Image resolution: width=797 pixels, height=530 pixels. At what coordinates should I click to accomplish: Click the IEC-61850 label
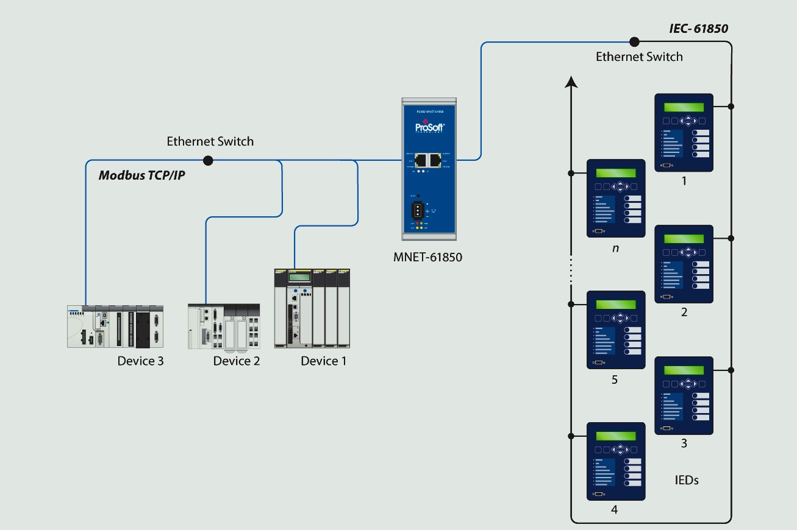(698, 29)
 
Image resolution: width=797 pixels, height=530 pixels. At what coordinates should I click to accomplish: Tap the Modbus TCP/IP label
(141, 175)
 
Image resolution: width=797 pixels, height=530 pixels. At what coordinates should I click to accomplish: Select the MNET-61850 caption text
(427, 257)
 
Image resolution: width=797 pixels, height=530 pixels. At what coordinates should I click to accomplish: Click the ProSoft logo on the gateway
(429, 128)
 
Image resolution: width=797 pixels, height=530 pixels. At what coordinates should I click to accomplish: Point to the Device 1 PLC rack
(313, 308)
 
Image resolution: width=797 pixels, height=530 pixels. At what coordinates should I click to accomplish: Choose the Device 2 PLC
(224, 327)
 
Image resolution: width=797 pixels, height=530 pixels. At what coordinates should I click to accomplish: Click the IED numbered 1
(684, 132)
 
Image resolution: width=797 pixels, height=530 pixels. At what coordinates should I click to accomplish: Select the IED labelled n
(615, 198)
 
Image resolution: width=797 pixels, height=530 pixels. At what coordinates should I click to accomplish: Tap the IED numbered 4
(615, 461)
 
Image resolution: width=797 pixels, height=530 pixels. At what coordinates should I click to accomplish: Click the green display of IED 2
(684, 239)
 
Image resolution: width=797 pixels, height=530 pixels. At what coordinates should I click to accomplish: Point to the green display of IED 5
(615, 305)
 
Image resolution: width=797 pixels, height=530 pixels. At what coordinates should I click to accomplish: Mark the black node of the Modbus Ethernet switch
(208, 160)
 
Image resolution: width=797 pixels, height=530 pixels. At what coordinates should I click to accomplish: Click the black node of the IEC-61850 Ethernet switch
(634, 41)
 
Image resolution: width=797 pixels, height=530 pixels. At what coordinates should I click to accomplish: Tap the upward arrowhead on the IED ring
(571, 81)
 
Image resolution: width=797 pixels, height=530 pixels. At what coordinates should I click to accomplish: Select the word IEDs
(687, 480)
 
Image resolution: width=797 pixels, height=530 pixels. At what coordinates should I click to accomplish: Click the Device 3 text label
(140, 361)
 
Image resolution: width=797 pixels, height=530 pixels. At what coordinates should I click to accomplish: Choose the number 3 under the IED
(684, 443)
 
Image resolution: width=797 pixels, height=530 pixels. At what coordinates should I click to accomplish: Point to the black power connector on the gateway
(418, 210)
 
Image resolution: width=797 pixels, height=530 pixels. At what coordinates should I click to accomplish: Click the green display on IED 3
(684, 370)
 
